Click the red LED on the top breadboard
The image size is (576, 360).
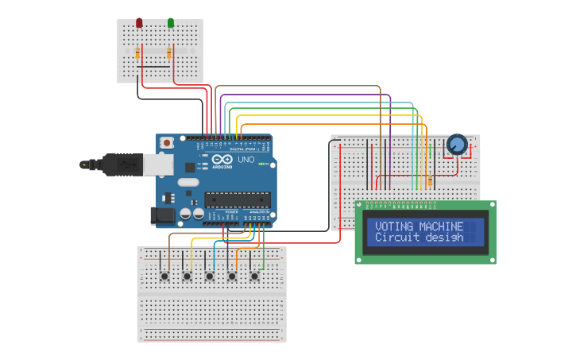click(139, 23)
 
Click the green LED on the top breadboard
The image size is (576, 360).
click(171, 23)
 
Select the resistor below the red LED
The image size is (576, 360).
click(138, 53)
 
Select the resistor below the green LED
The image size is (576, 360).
click(170, 53)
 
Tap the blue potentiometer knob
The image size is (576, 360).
click(456, 145)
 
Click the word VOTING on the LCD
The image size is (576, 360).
click(394, 226)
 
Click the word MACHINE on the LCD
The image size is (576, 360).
click(441, 226)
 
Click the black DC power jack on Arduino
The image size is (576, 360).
click(163, 215)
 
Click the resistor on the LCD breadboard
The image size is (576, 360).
click(430, 181)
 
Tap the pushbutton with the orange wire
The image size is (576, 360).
click(232, 276)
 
